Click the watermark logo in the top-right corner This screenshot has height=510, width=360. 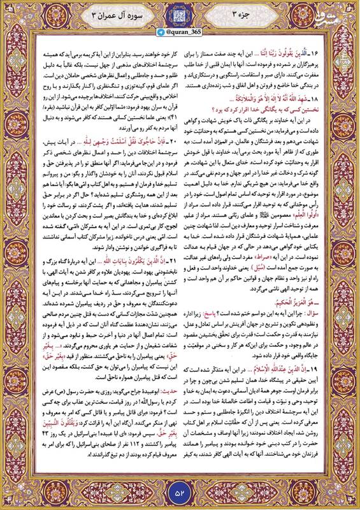343,11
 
